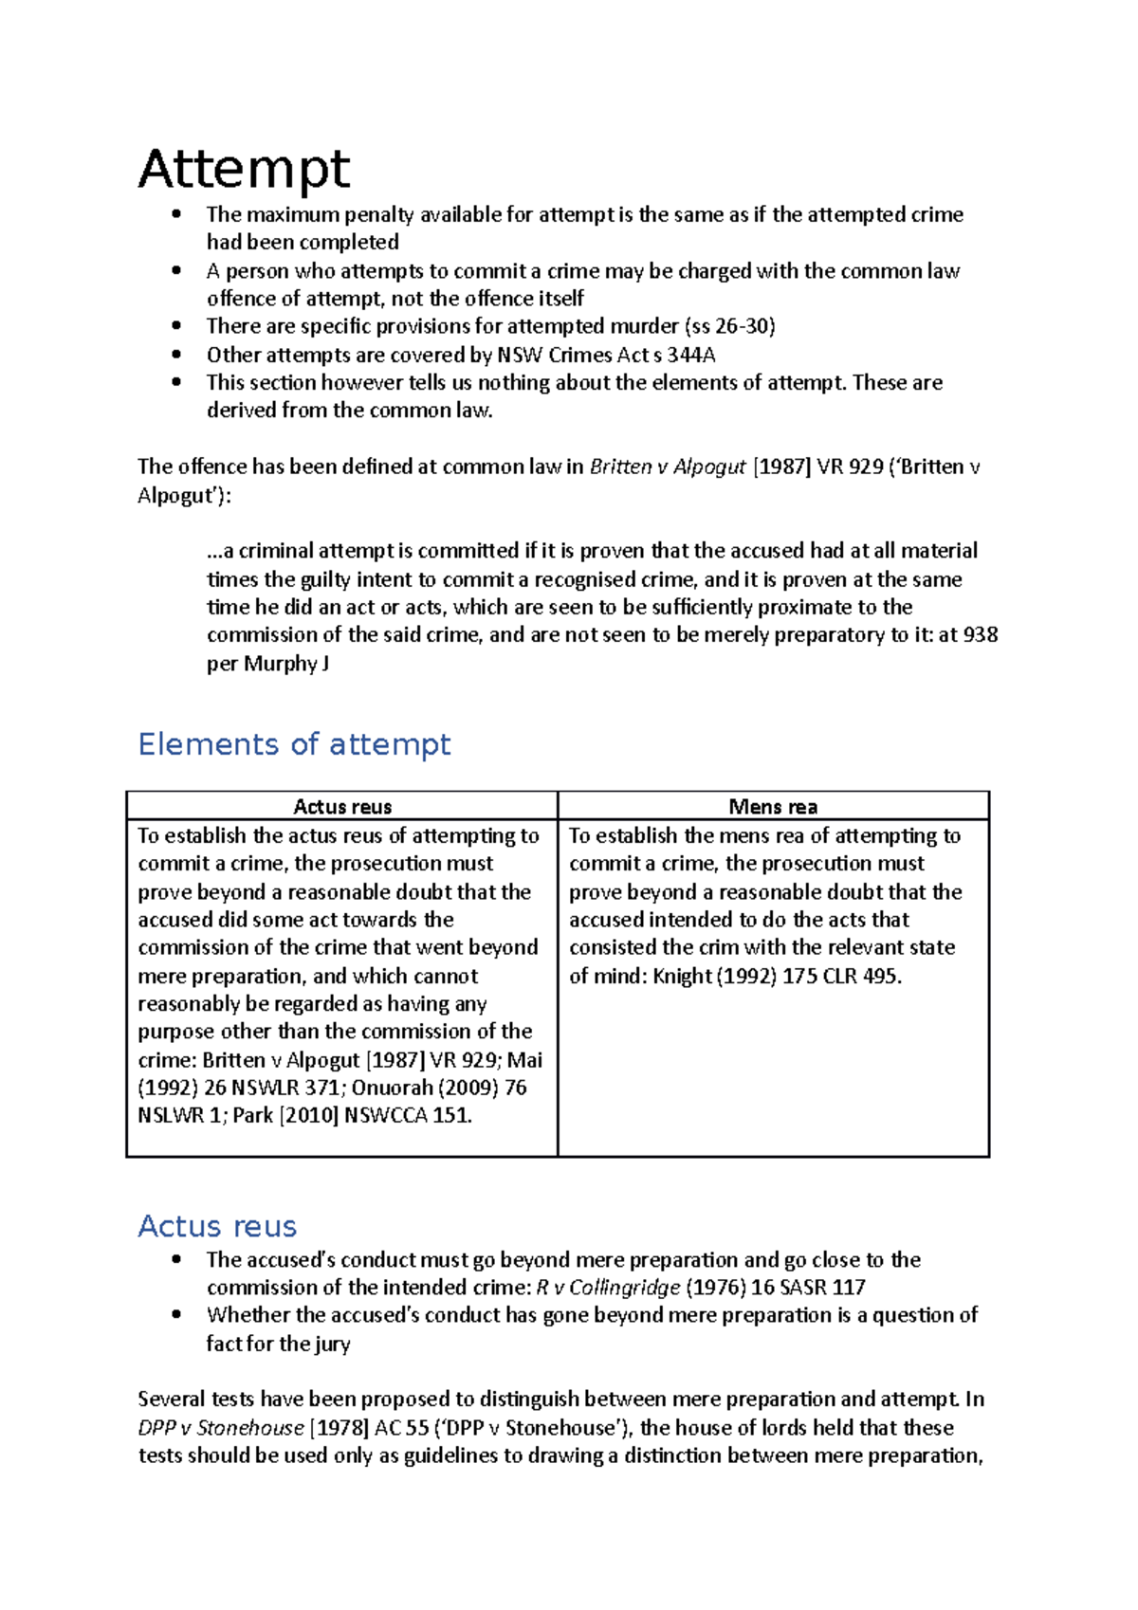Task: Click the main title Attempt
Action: coord(244,171)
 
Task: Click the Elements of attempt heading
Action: coord(294,744)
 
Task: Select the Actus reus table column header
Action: coord(342,807)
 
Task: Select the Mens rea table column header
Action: coord(773,807)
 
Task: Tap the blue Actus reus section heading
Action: coord(217,1226)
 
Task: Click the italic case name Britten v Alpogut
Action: coord(668,467)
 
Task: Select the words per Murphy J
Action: coord(268,664)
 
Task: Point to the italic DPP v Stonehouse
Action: coord(221,1428)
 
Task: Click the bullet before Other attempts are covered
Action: coord(176,355)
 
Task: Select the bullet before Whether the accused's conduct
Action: coord(176,1315)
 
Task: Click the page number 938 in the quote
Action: coord(980,635)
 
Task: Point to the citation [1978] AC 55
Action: coord(369,1428)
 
